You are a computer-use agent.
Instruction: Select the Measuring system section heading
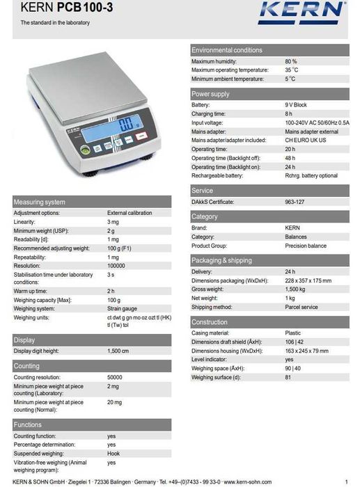click(x=40, y=202)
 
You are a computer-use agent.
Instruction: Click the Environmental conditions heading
click(x=227, y=50)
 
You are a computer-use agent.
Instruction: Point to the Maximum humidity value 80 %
click(x=291, y=62)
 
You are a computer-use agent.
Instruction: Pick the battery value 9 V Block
click(x=296, y=105)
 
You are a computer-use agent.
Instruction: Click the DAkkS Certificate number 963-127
click(x=295, y=202)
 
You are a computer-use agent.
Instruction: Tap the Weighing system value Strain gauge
click(x=123, y=308)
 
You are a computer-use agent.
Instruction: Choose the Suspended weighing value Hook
click(x=114, y=454)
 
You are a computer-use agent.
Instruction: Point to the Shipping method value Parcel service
click(x=301, y=307)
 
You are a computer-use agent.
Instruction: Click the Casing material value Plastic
click(x=293, y=333)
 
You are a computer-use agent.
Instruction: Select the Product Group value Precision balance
click(x=306, y=246)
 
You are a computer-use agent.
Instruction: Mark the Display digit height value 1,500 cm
click(x=118, y=351)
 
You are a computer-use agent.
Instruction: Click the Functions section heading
click(x=28, y=424)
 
